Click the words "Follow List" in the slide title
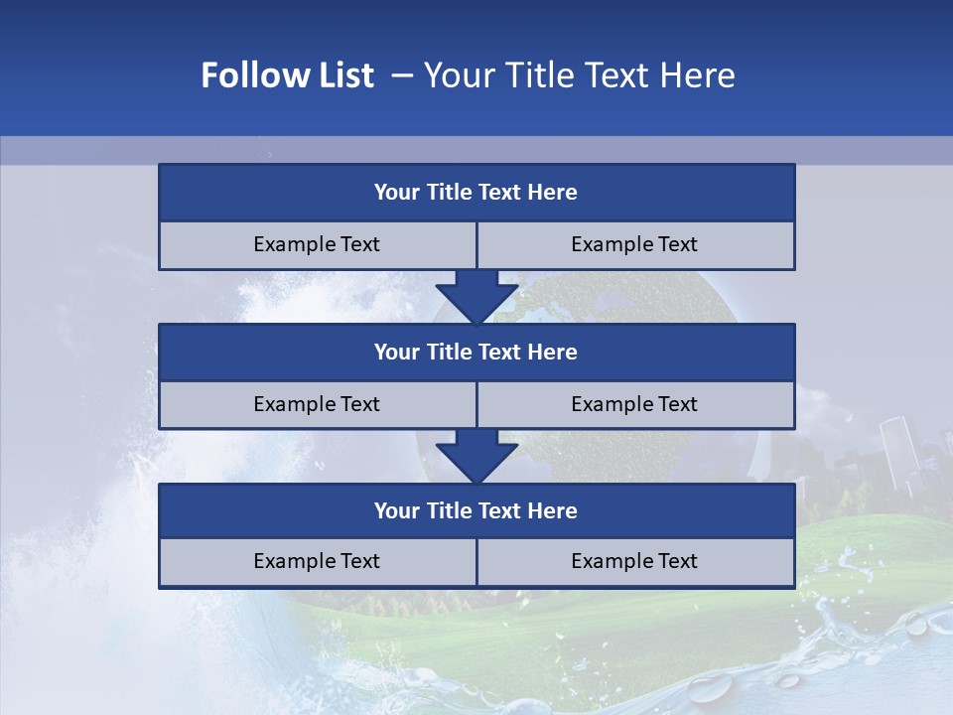[x=288, y=75]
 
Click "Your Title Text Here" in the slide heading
[x=579, y=75]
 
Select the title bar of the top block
[x=476, y=193]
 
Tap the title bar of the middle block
[x=476, y=353]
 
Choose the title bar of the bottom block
[x=476, y=511]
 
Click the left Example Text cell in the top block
[x=317, y=245]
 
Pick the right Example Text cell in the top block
[x=634, y=245]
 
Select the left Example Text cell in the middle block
[x=317, y=405]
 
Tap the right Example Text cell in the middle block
[x=634, y=405]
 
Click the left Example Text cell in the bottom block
[x=317, y=562]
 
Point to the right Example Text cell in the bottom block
[x=634, y=562]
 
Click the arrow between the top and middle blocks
[x=476, y=296]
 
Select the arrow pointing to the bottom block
[x=476, y=456]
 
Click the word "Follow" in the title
[x=244, y=75]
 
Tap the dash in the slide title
[x=402, y=75]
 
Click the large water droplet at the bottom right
[x=709, y=688]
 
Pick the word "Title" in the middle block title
[x=451, y=353]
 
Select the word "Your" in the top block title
[x=396, y=193]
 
